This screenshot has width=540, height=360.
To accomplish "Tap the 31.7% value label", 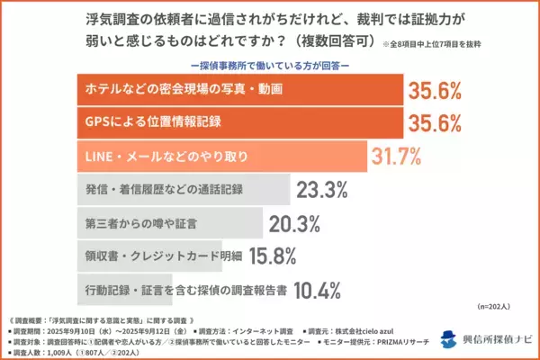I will tap(396, 157).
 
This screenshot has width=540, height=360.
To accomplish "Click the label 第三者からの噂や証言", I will tap(130, 223).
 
